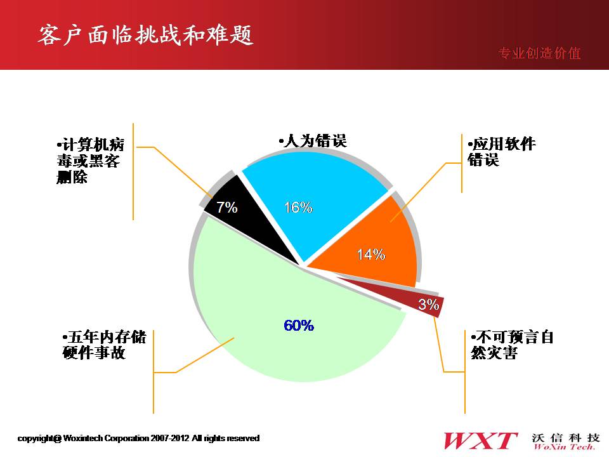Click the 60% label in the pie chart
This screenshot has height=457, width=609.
pyautogui.click(x=299, y=325)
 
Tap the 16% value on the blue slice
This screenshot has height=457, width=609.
pyautogui.click(x=298, y=207)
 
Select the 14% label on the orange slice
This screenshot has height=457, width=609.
pyautogui.click(x=371, y=255)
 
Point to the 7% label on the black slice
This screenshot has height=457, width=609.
pyautogui.click(x=227, y=207)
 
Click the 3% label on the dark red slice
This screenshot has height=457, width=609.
pyautogui.click(x=428, y=304)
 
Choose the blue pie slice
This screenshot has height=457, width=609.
pyautogui.click(x=311, y=202)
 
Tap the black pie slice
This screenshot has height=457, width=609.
pyautogui.click(x=249, y=218)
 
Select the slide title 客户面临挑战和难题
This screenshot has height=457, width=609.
pyautogui.click(x=146, y=35)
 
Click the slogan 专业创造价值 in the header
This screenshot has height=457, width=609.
pyautogui.click(x=539, y=53)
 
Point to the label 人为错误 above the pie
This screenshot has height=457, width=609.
pyautogui.click(x=313, y=141)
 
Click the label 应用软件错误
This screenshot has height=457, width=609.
pyautogui.click(x=501, y=152)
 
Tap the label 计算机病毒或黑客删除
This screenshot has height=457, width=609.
pyautogui.click(x=91, y=161)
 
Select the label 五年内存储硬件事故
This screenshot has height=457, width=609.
pyautogui.click(x=104, y=345)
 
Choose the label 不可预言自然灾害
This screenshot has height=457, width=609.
pyautogui.click(x=513, y=345)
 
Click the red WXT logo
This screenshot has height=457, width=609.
pyautogui.click(x=480, y=441)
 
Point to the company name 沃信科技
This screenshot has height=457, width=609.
pyautogui.click(x=565, y=438)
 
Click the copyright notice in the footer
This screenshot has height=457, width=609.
pyautogui.click(x=138, y=439)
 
